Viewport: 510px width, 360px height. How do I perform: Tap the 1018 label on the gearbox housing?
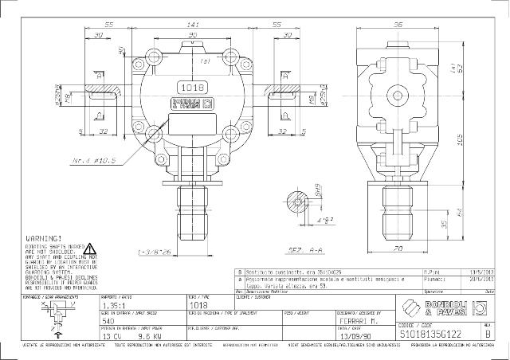coord(188,88)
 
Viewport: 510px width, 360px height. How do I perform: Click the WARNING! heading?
coord(45,238)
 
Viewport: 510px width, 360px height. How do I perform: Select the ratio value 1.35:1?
coord(112,304)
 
